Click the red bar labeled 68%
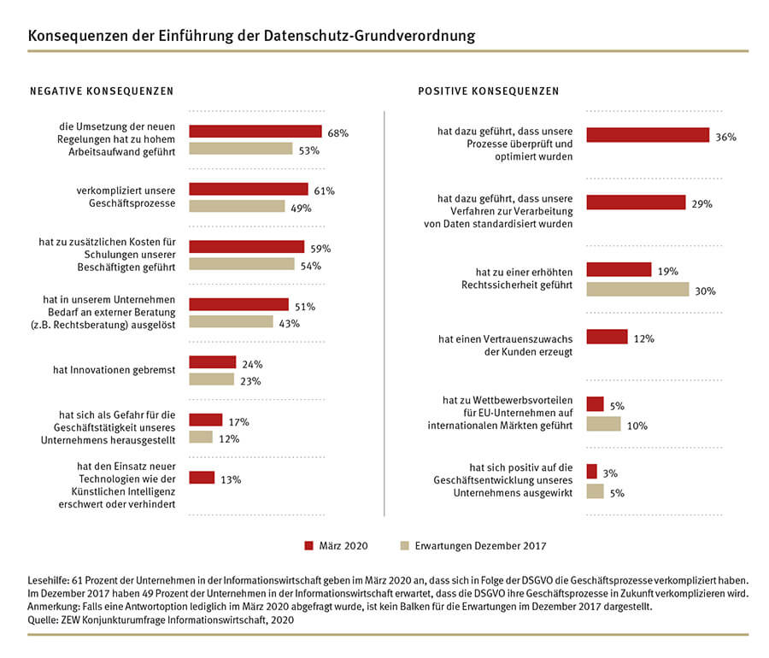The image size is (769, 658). click(x=255, y=132)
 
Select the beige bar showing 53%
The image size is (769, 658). click(x=241, y=149)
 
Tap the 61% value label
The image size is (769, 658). click(x=324, y=191)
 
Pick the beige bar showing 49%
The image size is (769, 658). click(x=237, y=207)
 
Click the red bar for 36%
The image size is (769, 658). click(x=648, y=135)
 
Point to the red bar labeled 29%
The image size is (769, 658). click(x=636, y=202)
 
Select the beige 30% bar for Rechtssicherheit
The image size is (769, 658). click(x=637, y=290)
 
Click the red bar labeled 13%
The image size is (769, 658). click(x=202, y=478)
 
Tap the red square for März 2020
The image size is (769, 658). click(x=309, y=546)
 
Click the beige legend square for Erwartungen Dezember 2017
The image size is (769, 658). click(x=405, y=546)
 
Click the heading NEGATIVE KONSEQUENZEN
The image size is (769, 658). click(x=102, y=91)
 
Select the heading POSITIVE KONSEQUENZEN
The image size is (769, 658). click(x=489, y=91)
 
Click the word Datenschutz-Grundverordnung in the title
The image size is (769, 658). click(x=369, y=36)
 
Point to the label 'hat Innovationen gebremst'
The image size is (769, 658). click(x=114, y=370)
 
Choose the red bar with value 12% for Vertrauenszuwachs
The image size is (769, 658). click(x=608, y=337)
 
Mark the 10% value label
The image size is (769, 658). click(x=637, y=426)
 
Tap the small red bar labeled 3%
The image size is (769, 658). click(x=592, y=471)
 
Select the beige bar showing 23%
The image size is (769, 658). click(x=212, y=379)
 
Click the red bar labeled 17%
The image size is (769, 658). click(x=206, y=420)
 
